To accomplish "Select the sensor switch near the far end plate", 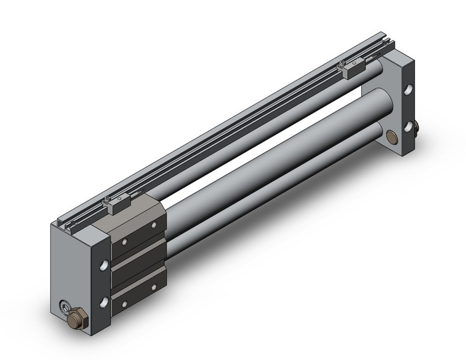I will click(x=354, y=70).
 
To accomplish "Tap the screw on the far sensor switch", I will click(x=342, y=64).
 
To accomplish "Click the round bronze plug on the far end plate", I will click(x=392, y=136).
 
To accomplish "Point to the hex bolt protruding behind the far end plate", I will click(x=417, y=129).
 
